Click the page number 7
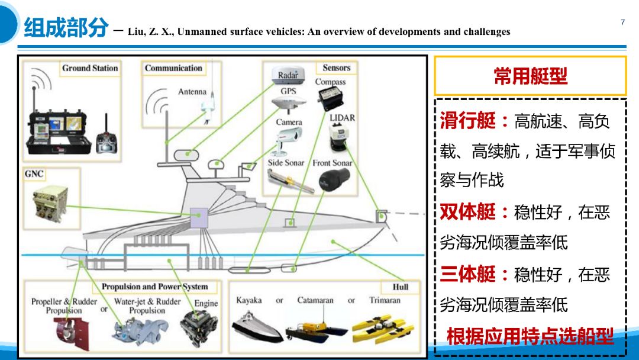click(x=622, y=22)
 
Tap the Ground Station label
click(x=90, y=68)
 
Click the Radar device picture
click(x=288, y=76)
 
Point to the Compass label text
click(x=330, y=82)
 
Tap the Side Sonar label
click(x=286, y=163)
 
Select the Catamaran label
click(x=315, y=300)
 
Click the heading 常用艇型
click(x=530, y=76)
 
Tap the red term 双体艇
click(x=469, y=211)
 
